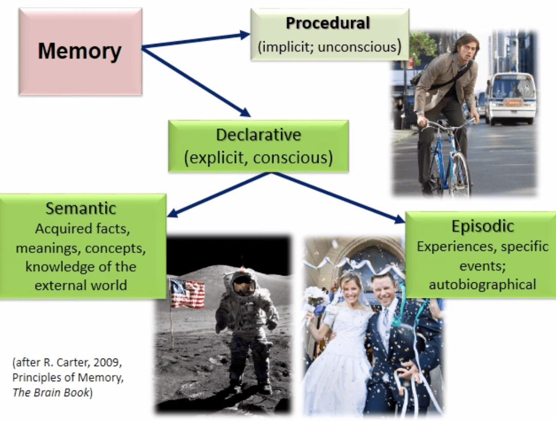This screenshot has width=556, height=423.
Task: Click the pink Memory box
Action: [x=80, y=52]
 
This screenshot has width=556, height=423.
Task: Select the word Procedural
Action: [x=328, y=23]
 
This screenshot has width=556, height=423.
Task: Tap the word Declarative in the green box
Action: [x=258, y=135]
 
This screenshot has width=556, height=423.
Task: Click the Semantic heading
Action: [x=81, y=209]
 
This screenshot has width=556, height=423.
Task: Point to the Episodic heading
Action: [x=482, y=226]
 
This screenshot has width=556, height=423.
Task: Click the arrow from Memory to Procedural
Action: [x=196, y=41]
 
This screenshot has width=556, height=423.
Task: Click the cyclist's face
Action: [x=465, y=47]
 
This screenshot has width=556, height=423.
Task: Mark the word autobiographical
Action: [x=482, y=284]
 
